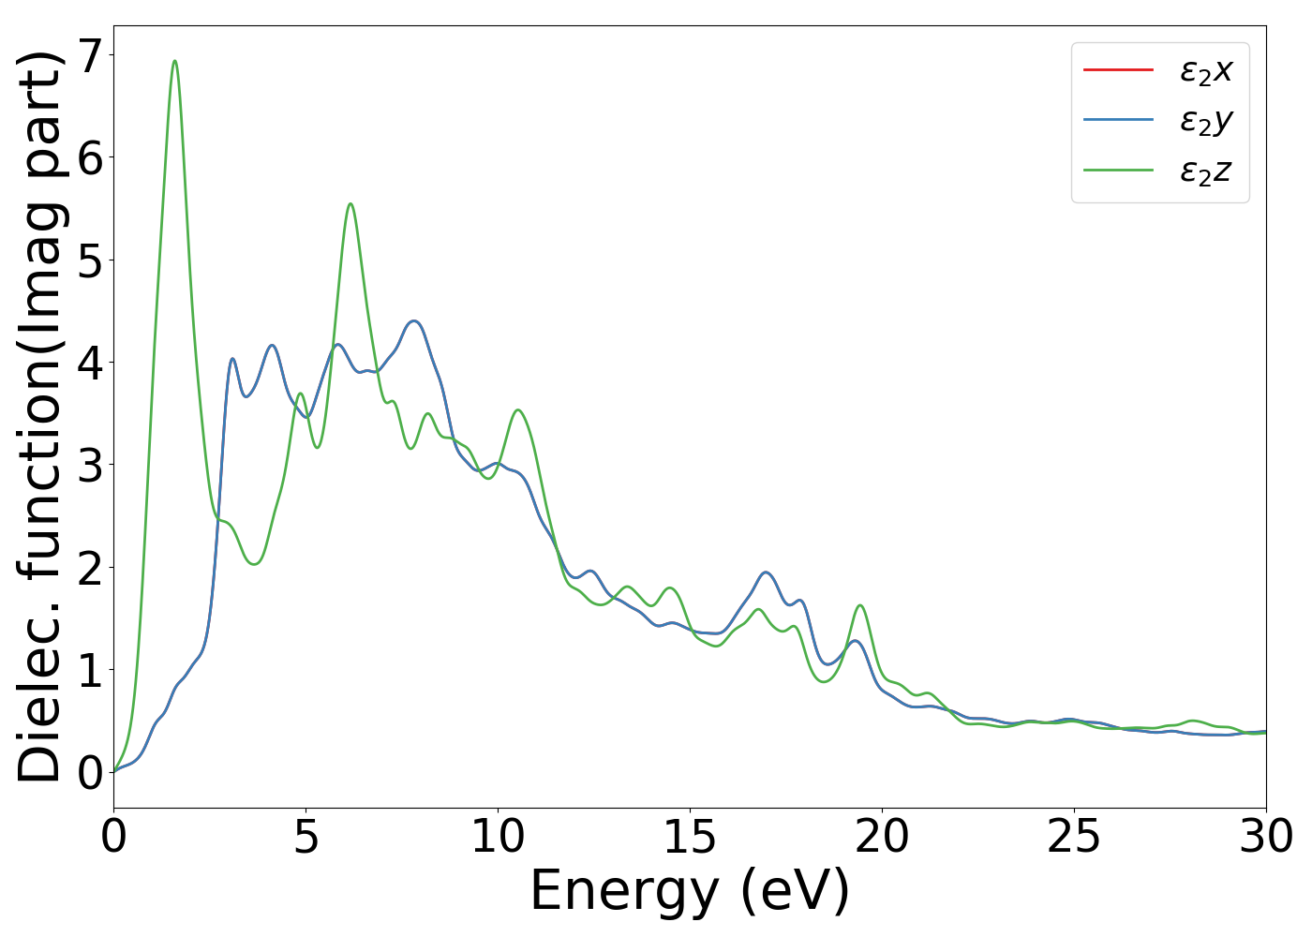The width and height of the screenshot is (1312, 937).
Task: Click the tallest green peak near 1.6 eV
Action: [x=174, y=61]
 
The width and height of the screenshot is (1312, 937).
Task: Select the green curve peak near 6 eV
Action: [x=350, y=203]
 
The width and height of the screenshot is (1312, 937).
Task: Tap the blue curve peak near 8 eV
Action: [x=414, y=320]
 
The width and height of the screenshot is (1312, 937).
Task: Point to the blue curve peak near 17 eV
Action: [x=766, y=572]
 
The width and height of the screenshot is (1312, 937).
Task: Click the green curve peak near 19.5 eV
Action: [x=859, y=605]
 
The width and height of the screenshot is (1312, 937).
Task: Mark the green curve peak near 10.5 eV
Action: [x=518, y=409]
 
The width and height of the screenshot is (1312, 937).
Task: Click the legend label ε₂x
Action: [x=1206, y=70]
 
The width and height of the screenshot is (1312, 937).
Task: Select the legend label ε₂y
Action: [x=1206, y=121]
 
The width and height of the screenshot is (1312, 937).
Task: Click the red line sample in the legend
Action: [x=1118, y=69]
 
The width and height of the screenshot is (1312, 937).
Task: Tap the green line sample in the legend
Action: [x=1118, y=171]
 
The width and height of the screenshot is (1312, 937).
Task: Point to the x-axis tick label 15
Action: [x=690, y=837]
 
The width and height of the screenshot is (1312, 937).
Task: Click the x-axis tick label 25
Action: [x=1074, y=837]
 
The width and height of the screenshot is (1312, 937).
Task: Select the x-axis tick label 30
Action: [x=1265, y=837]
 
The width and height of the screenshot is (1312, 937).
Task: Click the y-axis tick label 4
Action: [x=89, y=363]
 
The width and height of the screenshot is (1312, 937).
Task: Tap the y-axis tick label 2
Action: [x=89, y=568]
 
